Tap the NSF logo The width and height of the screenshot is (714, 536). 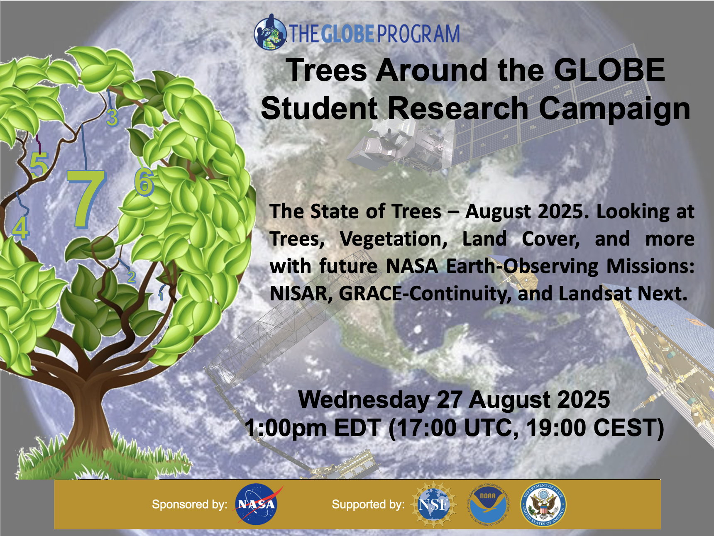(x=434, y=504)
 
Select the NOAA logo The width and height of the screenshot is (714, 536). (x=488, y=504)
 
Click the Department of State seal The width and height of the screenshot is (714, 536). (x=543, y=504)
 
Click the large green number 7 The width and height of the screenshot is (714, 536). (x=86, y=198)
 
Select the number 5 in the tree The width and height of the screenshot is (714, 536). (x=39, y=164)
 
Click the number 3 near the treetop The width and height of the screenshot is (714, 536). (x=112, y=117)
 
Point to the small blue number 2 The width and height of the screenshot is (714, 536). (x=132, y=276)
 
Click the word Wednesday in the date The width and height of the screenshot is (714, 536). (x=364, y=400)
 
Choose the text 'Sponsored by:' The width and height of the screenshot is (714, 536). (x=190, y=504)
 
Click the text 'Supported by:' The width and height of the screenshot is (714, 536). (x=368, y=504)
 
